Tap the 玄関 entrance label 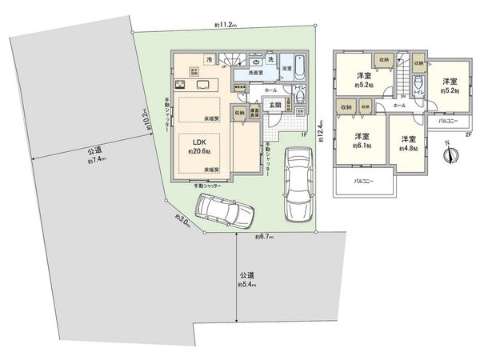coord(274,106)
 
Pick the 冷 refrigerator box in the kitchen coord(209,58)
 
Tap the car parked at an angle coord(225,212)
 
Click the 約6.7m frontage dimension coord(266,237)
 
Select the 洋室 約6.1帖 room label coord(361,141)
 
